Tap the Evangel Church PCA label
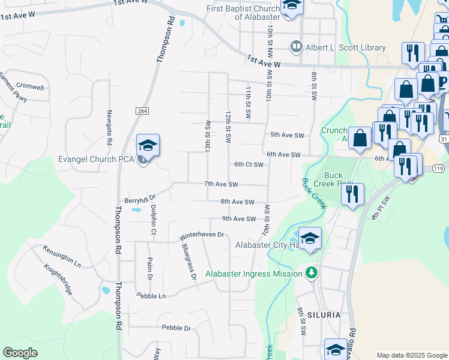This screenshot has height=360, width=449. click(x=97, y=159)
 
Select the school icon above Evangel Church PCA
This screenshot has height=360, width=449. click(x=148, y=145)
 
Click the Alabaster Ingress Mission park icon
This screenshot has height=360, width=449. click(x=311, y=273)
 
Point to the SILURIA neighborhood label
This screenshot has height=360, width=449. click(x=323, y=314)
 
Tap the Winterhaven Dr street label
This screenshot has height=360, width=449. click(x=200, y=235)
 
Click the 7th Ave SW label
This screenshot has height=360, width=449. click(x=221, y=184)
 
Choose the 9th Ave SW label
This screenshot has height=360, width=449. click(x=238, y=219)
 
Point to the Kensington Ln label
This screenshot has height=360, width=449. click(x=61, y=255)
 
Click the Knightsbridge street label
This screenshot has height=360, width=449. click(x=59, y=280)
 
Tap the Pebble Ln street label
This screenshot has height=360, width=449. click(x=151, y=296)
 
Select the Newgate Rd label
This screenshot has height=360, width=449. click(x=109, y=127)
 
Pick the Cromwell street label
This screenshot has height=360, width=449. click(x=30, y=87)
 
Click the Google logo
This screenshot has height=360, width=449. click(x=20, y=353)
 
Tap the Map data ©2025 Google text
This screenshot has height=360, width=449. click(x=411, y=355)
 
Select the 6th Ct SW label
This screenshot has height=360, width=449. click(x=249, y=164)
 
